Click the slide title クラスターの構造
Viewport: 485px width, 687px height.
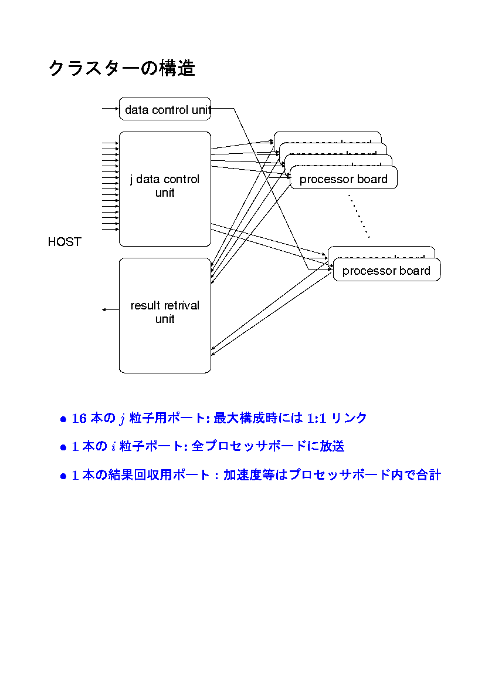tap(121, 69)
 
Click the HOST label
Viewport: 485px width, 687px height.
tap(64, 242)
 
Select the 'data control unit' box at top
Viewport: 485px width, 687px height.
tap(165, 109)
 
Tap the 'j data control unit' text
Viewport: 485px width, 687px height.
tap(165, 186)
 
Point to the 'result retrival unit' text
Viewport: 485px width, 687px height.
tap(165, 312)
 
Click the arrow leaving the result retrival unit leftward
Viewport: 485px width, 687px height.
tap(110, 309)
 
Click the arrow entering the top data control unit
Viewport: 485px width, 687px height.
tap(110, 109)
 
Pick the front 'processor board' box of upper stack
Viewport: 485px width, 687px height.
tap(343, 179)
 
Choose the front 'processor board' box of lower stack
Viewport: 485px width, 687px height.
tap(386, 271)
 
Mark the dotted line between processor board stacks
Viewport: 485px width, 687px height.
tap(358, 217)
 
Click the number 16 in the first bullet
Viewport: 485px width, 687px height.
tap(79, 419)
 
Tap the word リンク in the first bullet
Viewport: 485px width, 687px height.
tap(349, 419)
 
